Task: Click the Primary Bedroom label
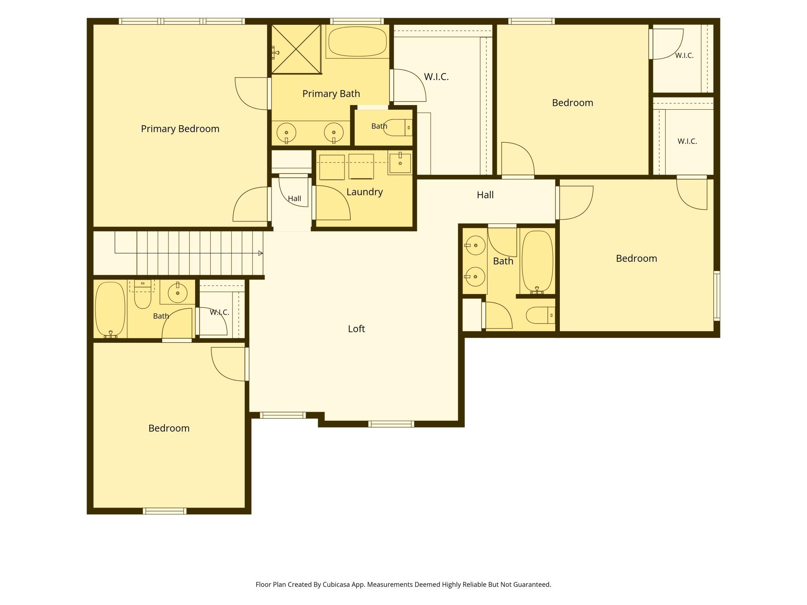(180, 129)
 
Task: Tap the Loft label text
(356, 329)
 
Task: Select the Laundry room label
(364, 192)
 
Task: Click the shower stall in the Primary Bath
(296, 49)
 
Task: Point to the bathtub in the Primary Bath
(357, 41)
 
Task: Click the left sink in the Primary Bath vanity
(286, 133)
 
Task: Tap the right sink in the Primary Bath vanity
(334, 133)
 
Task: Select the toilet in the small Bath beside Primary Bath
(398, 128)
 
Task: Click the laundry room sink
(400, 163)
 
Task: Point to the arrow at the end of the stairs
(260, 253)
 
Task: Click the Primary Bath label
(331, 94)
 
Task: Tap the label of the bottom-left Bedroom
(169, 428)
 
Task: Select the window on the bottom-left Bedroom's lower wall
(165, 511)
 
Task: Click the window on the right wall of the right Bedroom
(717, 296)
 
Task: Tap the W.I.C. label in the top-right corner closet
(684, 55)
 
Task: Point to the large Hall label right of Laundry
(485, 195)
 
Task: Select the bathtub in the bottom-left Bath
(111, 309)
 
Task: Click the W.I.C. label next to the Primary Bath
(436, 77)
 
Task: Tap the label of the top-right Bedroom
(572, 103)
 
